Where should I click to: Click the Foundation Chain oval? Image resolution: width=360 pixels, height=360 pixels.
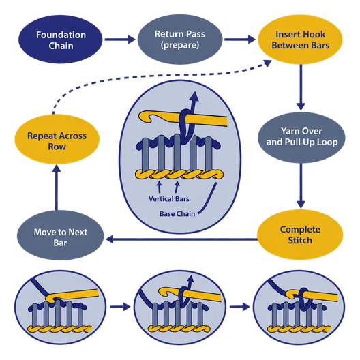61,40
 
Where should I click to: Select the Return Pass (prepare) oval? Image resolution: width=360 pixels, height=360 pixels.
180,40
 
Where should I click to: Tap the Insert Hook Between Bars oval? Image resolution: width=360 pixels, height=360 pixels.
300,40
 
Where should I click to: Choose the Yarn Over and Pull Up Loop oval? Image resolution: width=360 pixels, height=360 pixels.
301,138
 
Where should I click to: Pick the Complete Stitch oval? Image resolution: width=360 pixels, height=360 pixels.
300,235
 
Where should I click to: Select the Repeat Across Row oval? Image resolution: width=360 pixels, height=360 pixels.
57,139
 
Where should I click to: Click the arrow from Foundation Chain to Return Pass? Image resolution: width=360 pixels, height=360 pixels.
120,40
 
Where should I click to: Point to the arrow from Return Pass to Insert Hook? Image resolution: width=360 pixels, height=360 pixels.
240,40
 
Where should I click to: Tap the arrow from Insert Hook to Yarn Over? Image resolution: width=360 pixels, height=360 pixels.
301,87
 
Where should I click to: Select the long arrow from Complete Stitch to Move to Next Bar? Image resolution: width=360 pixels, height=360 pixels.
181,239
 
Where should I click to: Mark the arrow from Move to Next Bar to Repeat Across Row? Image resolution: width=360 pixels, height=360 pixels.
57,187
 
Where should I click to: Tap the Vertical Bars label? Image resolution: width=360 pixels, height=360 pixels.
169,199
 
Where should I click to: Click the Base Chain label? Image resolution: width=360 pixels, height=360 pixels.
177,214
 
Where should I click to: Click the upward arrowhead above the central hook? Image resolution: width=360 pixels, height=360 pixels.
195,96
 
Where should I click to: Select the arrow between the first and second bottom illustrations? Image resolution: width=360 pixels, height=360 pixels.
120,307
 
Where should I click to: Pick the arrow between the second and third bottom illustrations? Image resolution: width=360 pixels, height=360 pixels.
239,307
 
